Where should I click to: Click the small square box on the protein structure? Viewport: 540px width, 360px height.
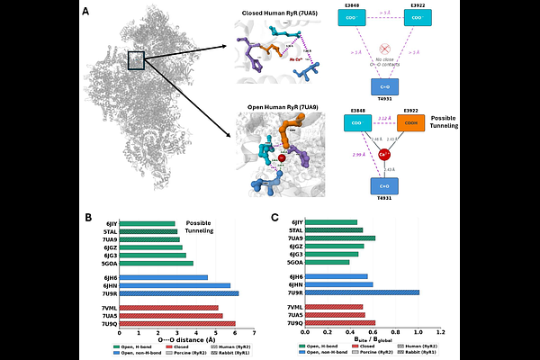[x=136, y=61]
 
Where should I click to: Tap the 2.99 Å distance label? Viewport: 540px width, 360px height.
[x=359, y=156]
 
